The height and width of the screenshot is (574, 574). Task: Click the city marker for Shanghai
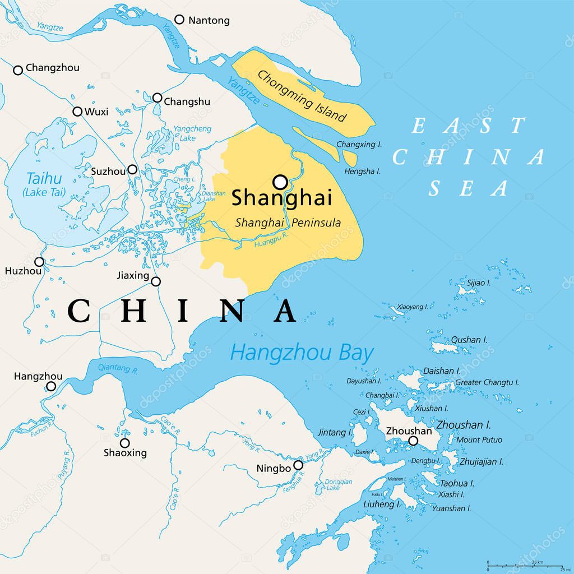click(x=280, y=182)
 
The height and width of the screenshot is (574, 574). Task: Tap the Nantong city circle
click(x=179, y=20)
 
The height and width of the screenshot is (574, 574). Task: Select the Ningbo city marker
click(x=298, y=465)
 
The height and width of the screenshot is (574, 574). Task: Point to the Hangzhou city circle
click(x=51, y=386)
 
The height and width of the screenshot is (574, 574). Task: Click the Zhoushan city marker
click(x=413, y=441)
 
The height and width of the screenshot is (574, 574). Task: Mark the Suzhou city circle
click(x=132, y=169)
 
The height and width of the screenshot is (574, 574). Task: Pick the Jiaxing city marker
click(x=156, y=281)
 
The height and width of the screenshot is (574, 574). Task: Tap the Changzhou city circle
click(x=18, y=70)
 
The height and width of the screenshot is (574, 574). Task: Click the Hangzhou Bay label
click(x=302, y=353)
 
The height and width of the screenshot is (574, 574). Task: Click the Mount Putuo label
click(x=479, y=440)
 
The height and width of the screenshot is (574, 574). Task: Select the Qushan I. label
click(x=469, y=340)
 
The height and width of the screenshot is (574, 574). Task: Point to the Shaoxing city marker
click(x=125, y=443)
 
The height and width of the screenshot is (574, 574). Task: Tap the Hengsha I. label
click(x=362, y=171)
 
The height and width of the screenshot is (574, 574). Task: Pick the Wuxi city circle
click(x=77, y=111)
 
